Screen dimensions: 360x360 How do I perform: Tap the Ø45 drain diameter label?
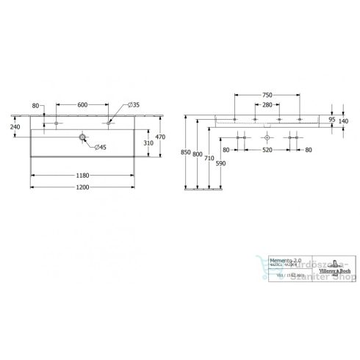(x=99, y=148)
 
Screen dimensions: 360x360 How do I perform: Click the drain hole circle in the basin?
(x=82, y=137)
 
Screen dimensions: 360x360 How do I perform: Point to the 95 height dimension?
(x=333, y=119)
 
